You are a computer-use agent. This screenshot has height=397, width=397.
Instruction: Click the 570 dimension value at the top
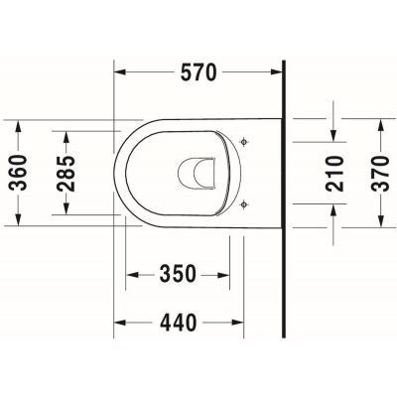198,72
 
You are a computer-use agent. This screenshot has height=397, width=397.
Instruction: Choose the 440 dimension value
180,322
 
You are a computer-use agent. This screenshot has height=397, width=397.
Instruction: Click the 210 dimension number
333,175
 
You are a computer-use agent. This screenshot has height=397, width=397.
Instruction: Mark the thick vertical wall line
284,198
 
